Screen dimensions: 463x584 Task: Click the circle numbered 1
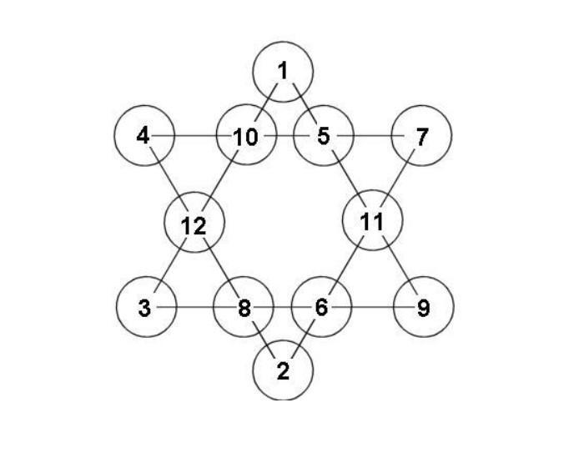pos(284,72)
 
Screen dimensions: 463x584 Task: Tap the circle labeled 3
pos(145,308)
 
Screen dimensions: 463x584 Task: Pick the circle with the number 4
pos(143,135)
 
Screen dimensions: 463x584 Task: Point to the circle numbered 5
pos(324,135)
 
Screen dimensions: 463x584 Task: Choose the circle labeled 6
pos(322,308)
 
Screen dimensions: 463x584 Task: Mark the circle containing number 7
pos(421,135)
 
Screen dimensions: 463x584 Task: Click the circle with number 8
pos(244,308)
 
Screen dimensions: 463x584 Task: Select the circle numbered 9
pos(423,308)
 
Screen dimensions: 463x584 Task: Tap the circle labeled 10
pos(246,135)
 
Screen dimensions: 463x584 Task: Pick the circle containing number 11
pos(373,222)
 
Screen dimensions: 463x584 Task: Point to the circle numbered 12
pos(194,224)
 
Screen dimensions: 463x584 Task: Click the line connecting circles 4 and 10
pos(194,135)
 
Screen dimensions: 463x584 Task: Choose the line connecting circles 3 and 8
pos(194,308)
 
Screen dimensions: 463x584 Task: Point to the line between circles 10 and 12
pos(220,179)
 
